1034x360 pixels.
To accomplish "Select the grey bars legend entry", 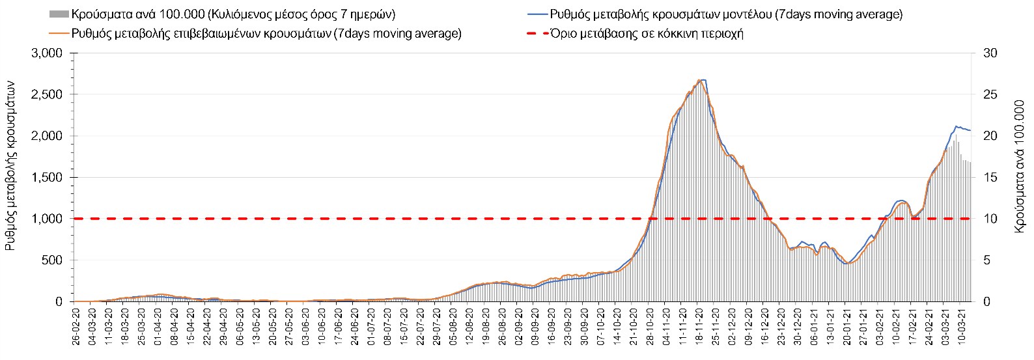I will click(x=221, y=14).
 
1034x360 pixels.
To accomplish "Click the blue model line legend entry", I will click(x=716, y=14).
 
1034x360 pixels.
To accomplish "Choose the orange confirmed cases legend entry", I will click(x=254, y=34).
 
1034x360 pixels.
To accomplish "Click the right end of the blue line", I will click(x=970, y=131).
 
